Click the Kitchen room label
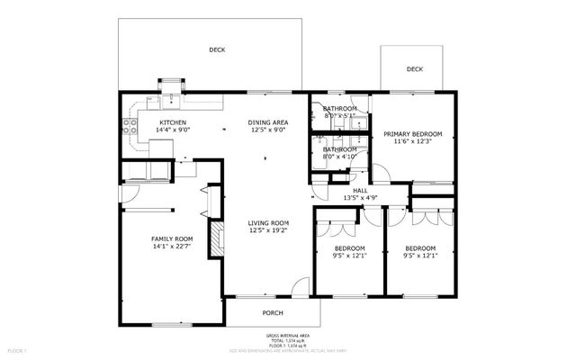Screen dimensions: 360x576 (173, 121)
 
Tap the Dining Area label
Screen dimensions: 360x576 (267, 121)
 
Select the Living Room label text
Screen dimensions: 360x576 (267, 223)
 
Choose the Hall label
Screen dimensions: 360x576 (360, 190)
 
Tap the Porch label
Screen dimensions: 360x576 (272, 313)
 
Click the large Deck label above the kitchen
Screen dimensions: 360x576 (217, 50)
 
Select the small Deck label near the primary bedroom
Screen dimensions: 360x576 (414, 69)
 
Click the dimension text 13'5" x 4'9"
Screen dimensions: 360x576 (360, 198)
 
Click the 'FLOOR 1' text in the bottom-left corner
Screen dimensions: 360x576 (18, 349)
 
